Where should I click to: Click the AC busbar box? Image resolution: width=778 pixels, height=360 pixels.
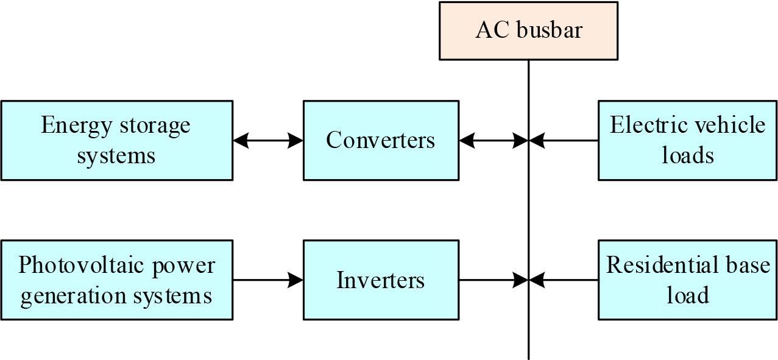point(528,30)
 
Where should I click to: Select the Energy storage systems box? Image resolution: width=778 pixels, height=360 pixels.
point(116,140)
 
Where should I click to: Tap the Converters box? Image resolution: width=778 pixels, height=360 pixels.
point(381,140)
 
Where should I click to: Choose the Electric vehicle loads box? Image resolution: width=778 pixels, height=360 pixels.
point(688,140)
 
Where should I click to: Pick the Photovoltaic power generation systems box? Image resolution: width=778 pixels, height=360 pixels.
point(116,280)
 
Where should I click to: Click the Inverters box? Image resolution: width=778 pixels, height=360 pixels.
point(381,280)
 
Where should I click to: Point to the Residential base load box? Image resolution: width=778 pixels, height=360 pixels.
point(688,280)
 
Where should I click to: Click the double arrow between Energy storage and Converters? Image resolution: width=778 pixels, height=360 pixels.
point(268,141)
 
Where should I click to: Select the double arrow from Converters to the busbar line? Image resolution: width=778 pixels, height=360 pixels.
point(493,141)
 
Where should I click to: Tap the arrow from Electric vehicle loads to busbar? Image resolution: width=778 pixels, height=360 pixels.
point(564,141)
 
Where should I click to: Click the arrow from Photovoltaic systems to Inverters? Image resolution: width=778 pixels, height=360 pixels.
point(268,280)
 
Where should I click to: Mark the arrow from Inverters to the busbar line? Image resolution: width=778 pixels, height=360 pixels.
point(493,280)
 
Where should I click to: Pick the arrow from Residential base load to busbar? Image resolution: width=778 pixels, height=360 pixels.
point(564,280)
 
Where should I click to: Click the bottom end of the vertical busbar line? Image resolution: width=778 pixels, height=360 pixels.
point(528,357)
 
